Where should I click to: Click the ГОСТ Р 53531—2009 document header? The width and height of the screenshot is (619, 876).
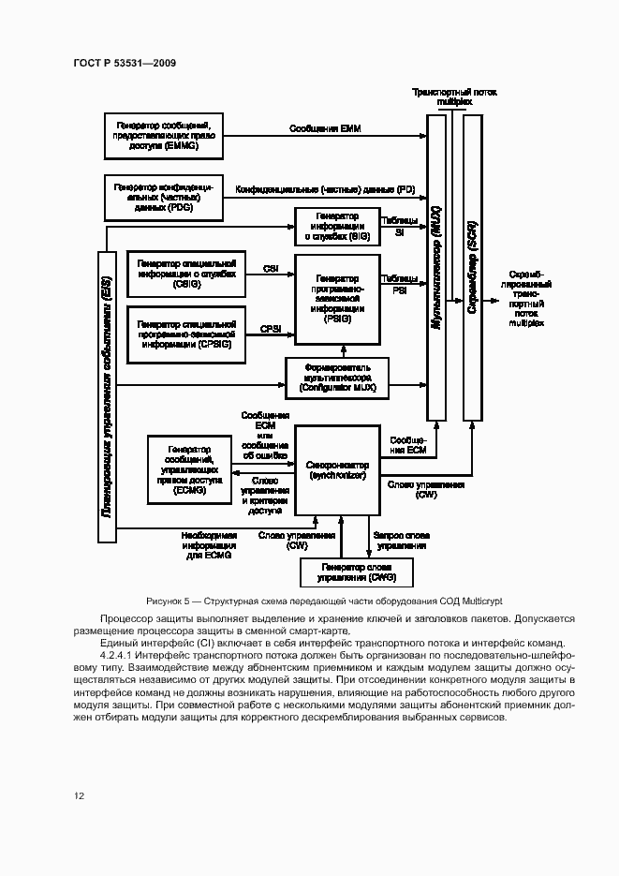tap(124, 62)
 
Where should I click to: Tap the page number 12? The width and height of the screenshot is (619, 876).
tap(80, 796)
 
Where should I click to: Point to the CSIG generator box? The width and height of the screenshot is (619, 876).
tap(185, 270)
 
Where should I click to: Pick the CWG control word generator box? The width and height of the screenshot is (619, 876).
tap(355, 572)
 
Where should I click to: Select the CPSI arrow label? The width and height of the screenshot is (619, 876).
tap(272, 329)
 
